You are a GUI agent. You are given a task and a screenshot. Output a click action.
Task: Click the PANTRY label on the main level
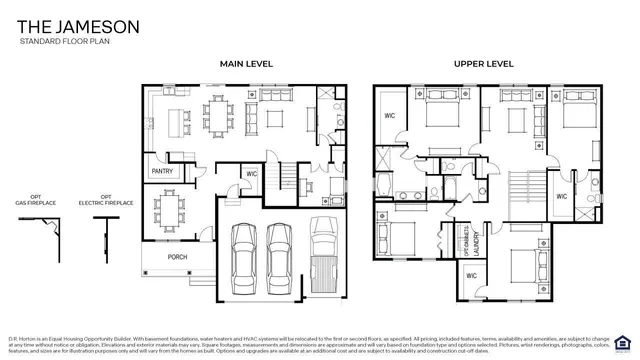pos(162,171)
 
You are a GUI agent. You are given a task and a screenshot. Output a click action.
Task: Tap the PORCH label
pos(177,257)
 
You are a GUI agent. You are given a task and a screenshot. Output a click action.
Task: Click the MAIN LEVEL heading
pos(246,64)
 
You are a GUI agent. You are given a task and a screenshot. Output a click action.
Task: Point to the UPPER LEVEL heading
pos(484,64)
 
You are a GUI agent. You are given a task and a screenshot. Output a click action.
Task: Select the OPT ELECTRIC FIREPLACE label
pos(100,200)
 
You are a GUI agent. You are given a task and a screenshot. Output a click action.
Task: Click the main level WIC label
pos(252,174)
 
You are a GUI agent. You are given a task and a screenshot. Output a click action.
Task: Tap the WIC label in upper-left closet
pos(391,116)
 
